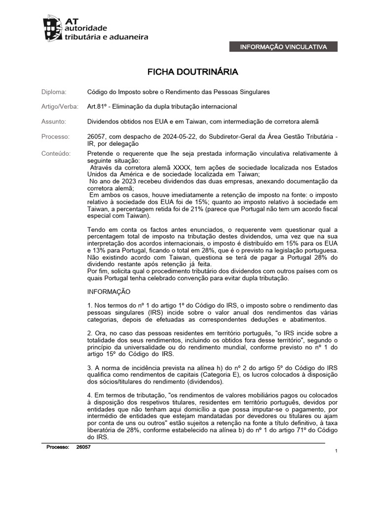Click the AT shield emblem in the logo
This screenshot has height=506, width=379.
point(53,28)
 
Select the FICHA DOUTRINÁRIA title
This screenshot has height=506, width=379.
point(193,72)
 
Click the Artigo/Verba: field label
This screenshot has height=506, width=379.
point(59,107)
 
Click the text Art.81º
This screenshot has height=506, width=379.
point(97,107)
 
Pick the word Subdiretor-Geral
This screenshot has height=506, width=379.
point(229,136)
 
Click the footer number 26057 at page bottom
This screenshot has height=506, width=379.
point(84,447)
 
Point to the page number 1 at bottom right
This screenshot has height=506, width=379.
point(336,451)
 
